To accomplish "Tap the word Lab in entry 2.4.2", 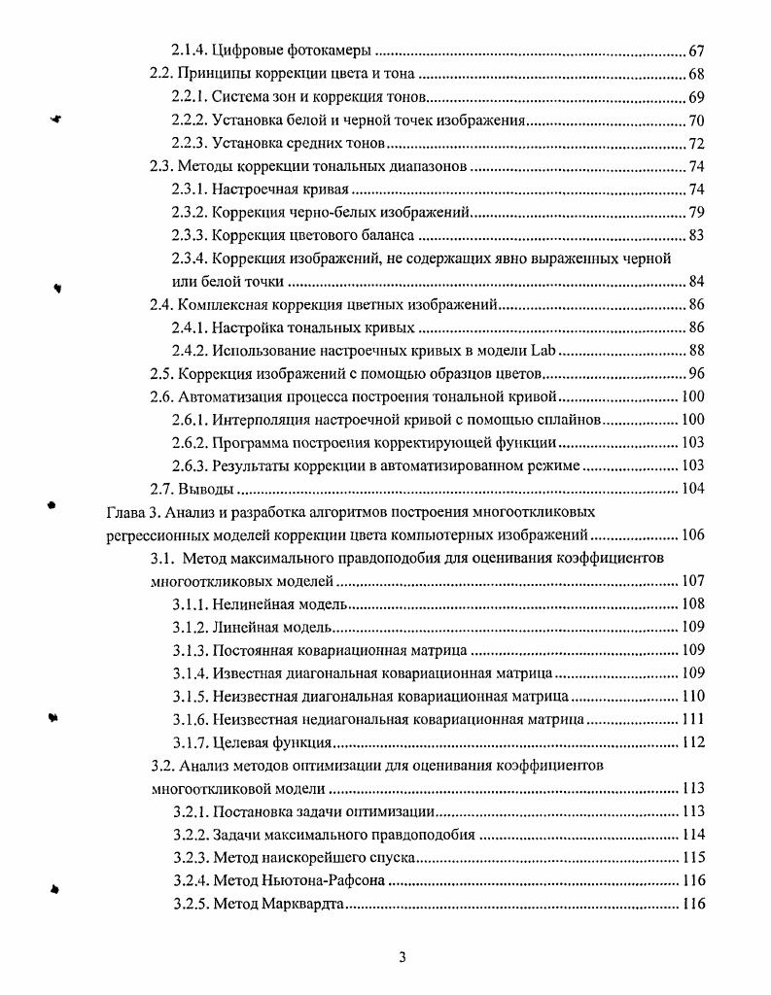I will pos(543,351).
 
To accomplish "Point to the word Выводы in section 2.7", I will pos(206,489).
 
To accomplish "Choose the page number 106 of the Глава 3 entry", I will pos(691,534).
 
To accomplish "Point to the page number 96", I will pos(695,374).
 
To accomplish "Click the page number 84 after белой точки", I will pos(695,282).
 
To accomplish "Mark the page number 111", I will pos(691,720).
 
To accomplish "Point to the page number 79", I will pos(695,212).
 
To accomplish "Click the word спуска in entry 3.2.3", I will pos(391,858).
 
